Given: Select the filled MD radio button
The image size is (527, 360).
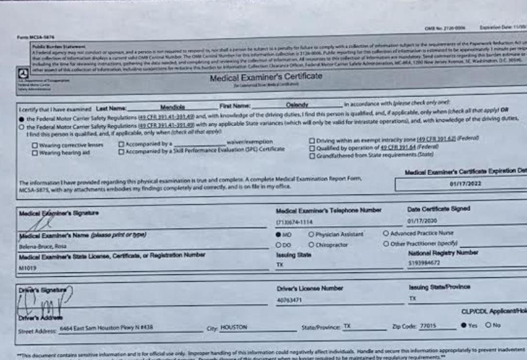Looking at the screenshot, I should click(x=278, y=234).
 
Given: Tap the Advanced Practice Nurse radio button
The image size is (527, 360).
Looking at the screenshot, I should click(x=385, y=234).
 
